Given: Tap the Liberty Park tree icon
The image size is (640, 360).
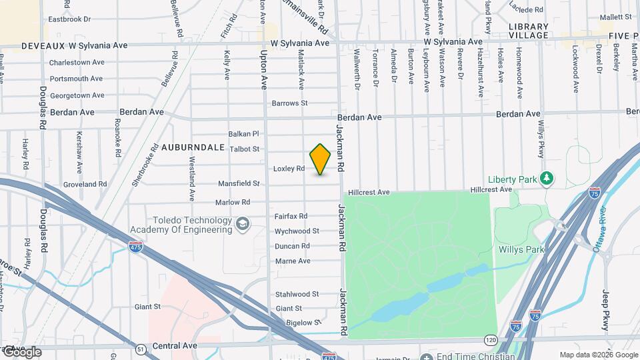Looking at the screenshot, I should coord(547,178).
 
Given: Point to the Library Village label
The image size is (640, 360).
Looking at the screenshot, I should coord(528,31).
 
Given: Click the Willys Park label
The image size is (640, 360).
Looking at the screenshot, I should coord(521,250).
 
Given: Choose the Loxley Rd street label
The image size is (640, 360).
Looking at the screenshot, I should coord(289,169).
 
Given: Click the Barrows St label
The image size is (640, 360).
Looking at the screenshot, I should coord(289,103).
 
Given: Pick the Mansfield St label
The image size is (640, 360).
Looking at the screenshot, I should coord(238,183).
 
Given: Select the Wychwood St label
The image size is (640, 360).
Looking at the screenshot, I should coord(297,231).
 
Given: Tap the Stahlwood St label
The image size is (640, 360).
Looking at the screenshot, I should coord(297,293).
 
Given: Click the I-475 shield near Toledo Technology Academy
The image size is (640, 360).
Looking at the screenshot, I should coord(134,247).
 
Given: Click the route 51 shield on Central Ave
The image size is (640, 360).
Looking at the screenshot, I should coord(140,349).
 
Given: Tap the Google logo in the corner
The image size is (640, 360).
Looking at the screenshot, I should coord(21,352).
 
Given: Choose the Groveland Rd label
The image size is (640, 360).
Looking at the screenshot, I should coord(85,184).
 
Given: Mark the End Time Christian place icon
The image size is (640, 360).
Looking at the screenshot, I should coord(427,357).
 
